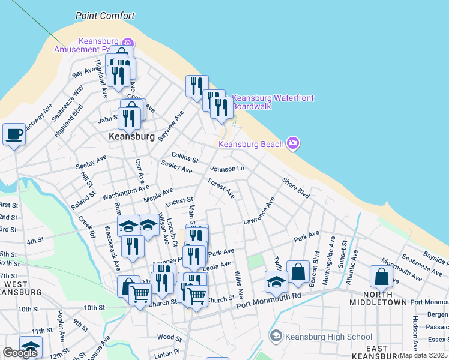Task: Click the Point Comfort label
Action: click(105, 16)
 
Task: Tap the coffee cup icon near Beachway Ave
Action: click(13, 134)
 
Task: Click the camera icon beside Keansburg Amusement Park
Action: click(127, 43)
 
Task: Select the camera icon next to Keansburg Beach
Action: click(293, 143)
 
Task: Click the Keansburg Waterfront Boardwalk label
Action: click(273, 102)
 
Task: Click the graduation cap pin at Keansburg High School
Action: click(276, 336)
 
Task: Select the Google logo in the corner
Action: click(20, 353)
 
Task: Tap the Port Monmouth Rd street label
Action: click(268, 302)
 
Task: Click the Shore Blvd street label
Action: click(295, 188)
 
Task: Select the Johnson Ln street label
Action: click(227, 169)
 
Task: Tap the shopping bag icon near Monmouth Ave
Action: click(381, 276)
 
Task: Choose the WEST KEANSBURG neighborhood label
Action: click(19, 287)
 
